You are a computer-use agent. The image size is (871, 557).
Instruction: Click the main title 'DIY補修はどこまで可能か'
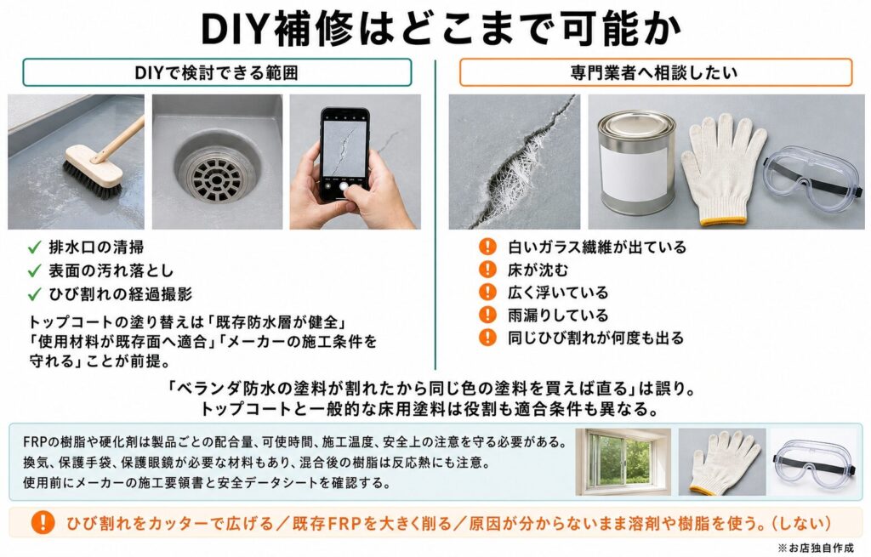click(x=441, y=28)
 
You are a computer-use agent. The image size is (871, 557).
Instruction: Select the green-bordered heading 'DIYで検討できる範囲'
click(x=217, y=73)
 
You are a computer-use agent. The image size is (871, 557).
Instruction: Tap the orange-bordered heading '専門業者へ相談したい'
click(x=656, y=73)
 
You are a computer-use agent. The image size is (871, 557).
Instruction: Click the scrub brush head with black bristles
click(x=92, y=172)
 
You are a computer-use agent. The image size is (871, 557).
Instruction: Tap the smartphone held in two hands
click(x=344, y=155)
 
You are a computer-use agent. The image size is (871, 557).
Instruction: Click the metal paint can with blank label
click(x=636, y=162)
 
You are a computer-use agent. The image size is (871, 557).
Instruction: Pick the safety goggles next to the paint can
click(x=812, y=175)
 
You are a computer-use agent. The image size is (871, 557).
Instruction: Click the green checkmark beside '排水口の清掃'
click(x=34, y=247)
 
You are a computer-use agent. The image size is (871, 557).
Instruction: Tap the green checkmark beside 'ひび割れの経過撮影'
click(x=34, y=293)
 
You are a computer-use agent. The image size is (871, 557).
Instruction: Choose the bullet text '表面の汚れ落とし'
click(x=111, y=270)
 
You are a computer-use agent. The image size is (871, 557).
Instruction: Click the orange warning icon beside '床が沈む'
click(x=487, y=270)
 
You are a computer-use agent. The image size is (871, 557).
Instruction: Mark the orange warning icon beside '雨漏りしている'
click(x=487, y=315)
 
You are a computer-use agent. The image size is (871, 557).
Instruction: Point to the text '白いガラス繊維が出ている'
click(x=597, y=247)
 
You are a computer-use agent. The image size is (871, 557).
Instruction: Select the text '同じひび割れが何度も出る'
click(x=595, y=338)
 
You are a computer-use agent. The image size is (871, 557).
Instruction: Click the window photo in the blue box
click(x=623, y=462)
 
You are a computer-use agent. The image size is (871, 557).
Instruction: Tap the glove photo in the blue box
click(x=722, y=462)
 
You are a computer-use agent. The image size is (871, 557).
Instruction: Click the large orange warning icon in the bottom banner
click(x=43, y=522)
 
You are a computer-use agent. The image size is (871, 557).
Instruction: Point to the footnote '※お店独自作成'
click(x=816, y=548)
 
